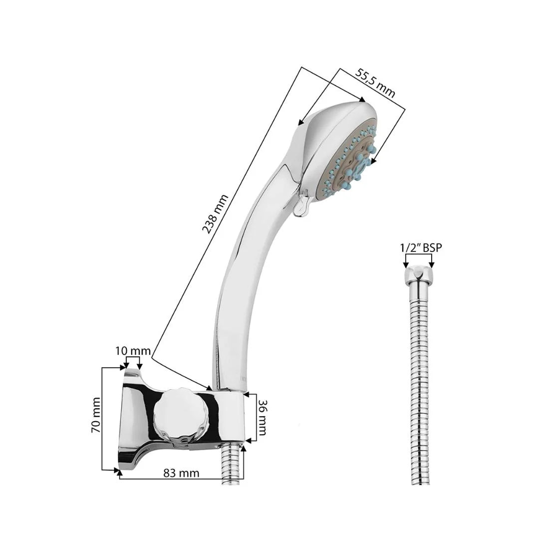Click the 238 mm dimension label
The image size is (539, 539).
[215, 214]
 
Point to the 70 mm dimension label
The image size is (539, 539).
[96, 414]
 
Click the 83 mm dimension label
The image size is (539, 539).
[182, 473]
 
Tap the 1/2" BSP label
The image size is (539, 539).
[421, 247]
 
